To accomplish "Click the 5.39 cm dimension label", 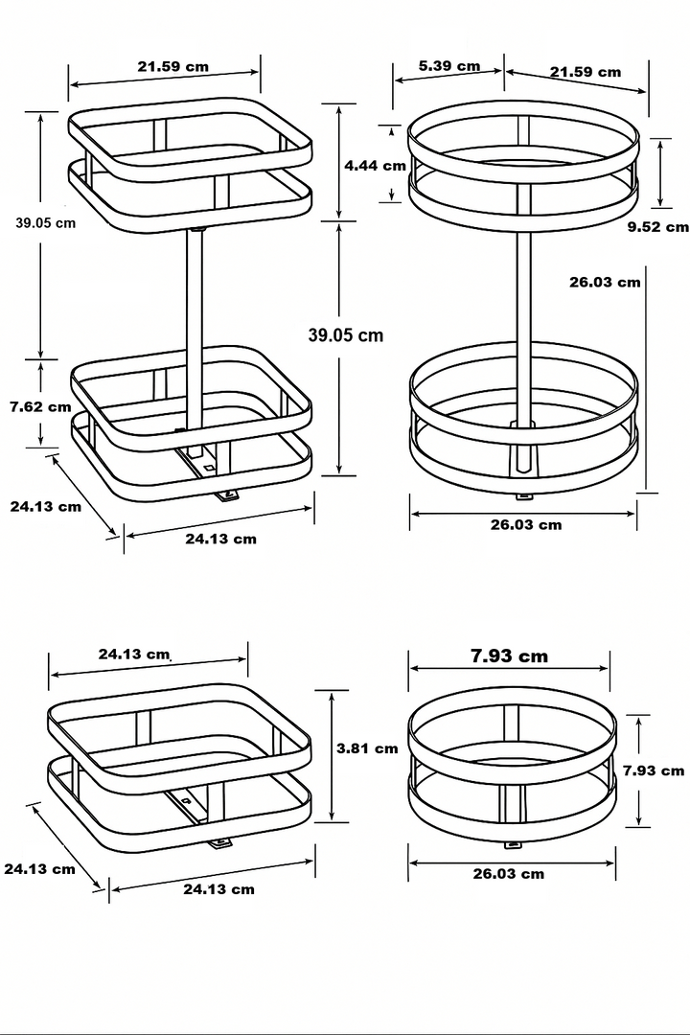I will point(449,66).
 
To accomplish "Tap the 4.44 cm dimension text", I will point(376,165).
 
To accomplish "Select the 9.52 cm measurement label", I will point(657,227).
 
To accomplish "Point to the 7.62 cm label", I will point(40,406).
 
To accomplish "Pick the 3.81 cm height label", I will point(366,748).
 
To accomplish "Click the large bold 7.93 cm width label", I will point(509,656).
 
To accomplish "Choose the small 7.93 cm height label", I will point(653,770).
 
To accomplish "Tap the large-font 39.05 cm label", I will point(345,334).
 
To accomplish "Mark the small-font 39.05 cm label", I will point(45,222).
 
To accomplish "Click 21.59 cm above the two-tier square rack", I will point(172,67).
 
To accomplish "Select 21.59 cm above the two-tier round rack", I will point(585,72).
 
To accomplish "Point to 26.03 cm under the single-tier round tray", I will point(508,873).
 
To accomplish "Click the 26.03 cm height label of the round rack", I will point(604,282).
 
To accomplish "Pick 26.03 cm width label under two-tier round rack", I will point(525,524).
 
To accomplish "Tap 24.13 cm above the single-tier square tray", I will point(134,655).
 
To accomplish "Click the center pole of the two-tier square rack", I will point(195,326).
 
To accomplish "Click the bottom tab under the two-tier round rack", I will point(523,495).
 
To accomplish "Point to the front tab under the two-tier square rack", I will point(227,494).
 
